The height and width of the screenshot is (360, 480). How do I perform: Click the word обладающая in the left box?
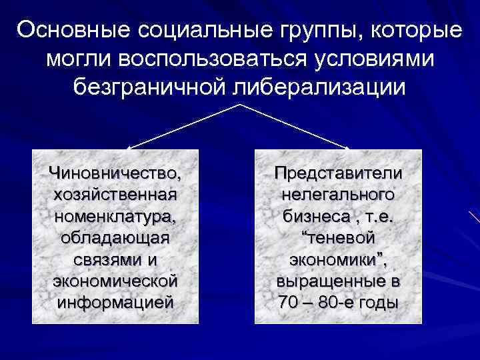click(x=115, y=237)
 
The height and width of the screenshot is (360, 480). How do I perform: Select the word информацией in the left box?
click(x=115, y=301)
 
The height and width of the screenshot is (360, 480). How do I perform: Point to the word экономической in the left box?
click(x=115, y=280)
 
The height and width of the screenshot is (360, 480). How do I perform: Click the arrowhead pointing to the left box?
click(x=130, y=147)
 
